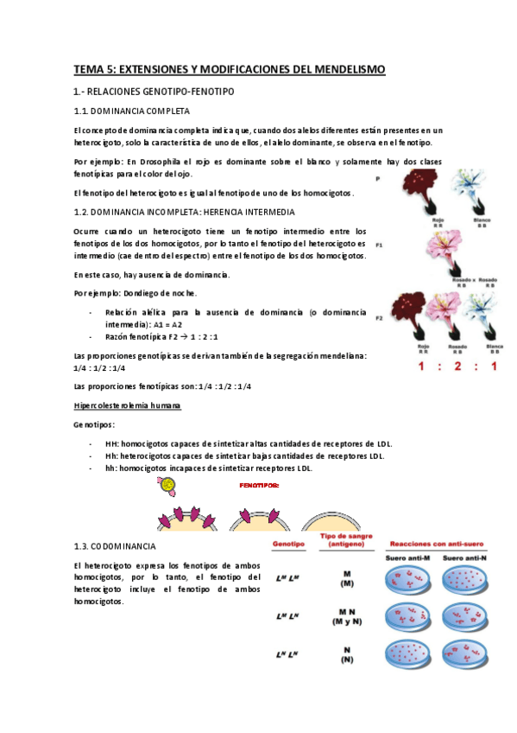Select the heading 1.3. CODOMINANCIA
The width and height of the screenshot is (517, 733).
(x=115, y=546)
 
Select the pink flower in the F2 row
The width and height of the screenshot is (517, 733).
(x=447, y=316)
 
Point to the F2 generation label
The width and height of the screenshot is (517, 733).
(x=379, y=318)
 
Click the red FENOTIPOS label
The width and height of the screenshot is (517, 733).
(x=259, y=486)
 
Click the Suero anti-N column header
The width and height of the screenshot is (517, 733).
(x=468, y=558)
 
